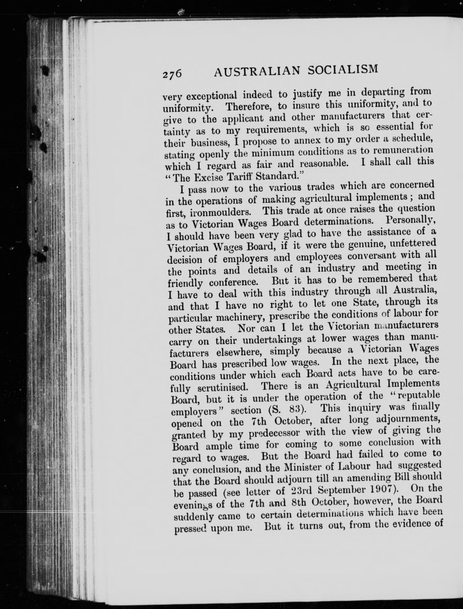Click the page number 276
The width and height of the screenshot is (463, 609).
coord(172,74)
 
